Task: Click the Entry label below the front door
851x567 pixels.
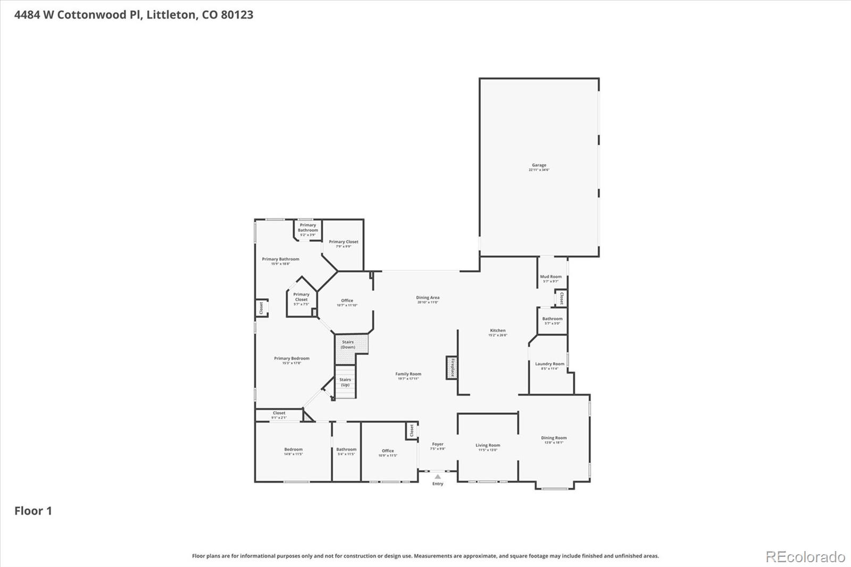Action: [x=438, y=483]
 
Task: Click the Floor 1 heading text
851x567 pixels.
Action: [x=33, y=511]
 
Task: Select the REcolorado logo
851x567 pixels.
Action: [x=805, y=556]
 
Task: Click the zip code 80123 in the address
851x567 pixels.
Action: [x=237, y=14]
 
